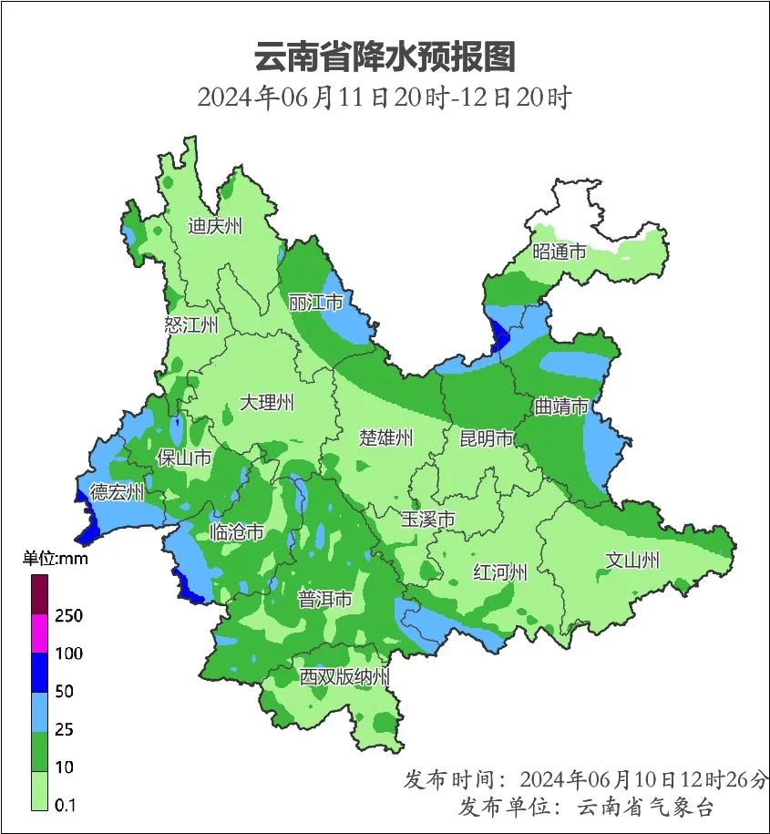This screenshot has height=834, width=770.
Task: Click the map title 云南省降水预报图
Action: point(385,57)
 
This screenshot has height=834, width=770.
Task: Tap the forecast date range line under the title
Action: point(384,98)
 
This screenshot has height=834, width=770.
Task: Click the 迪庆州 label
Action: point(215,226)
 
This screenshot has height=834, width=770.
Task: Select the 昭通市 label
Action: point(560,252)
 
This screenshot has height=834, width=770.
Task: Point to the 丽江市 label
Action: point(315,302)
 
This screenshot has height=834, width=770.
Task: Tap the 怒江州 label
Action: point(191,325)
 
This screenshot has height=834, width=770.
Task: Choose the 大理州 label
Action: point(267,402)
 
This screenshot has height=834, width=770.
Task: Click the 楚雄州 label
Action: point(385,438)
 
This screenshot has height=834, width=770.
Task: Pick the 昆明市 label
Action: point(486,438)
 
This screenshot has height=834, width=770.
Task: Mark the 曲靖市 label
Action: point(561,406)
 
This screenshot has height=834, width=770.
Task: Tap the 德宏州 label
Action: point(118,492)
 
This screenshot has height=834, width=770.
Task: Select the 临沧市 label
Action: point(237,531)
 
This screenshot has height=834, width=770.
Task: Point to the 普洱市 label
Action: point(325,599)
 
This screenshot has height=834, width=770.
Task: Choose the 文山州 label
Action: point(632,560)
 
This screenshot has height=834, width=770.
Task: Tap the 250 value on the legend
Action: point(68,616)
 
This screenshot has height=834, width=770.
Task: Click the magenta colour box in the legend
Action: point(40,633)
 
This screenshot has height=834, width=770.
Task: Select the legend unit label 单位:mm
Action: point(56,559)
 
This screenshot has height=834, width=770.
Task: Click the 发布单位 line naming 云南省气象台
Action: point(586,807)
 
